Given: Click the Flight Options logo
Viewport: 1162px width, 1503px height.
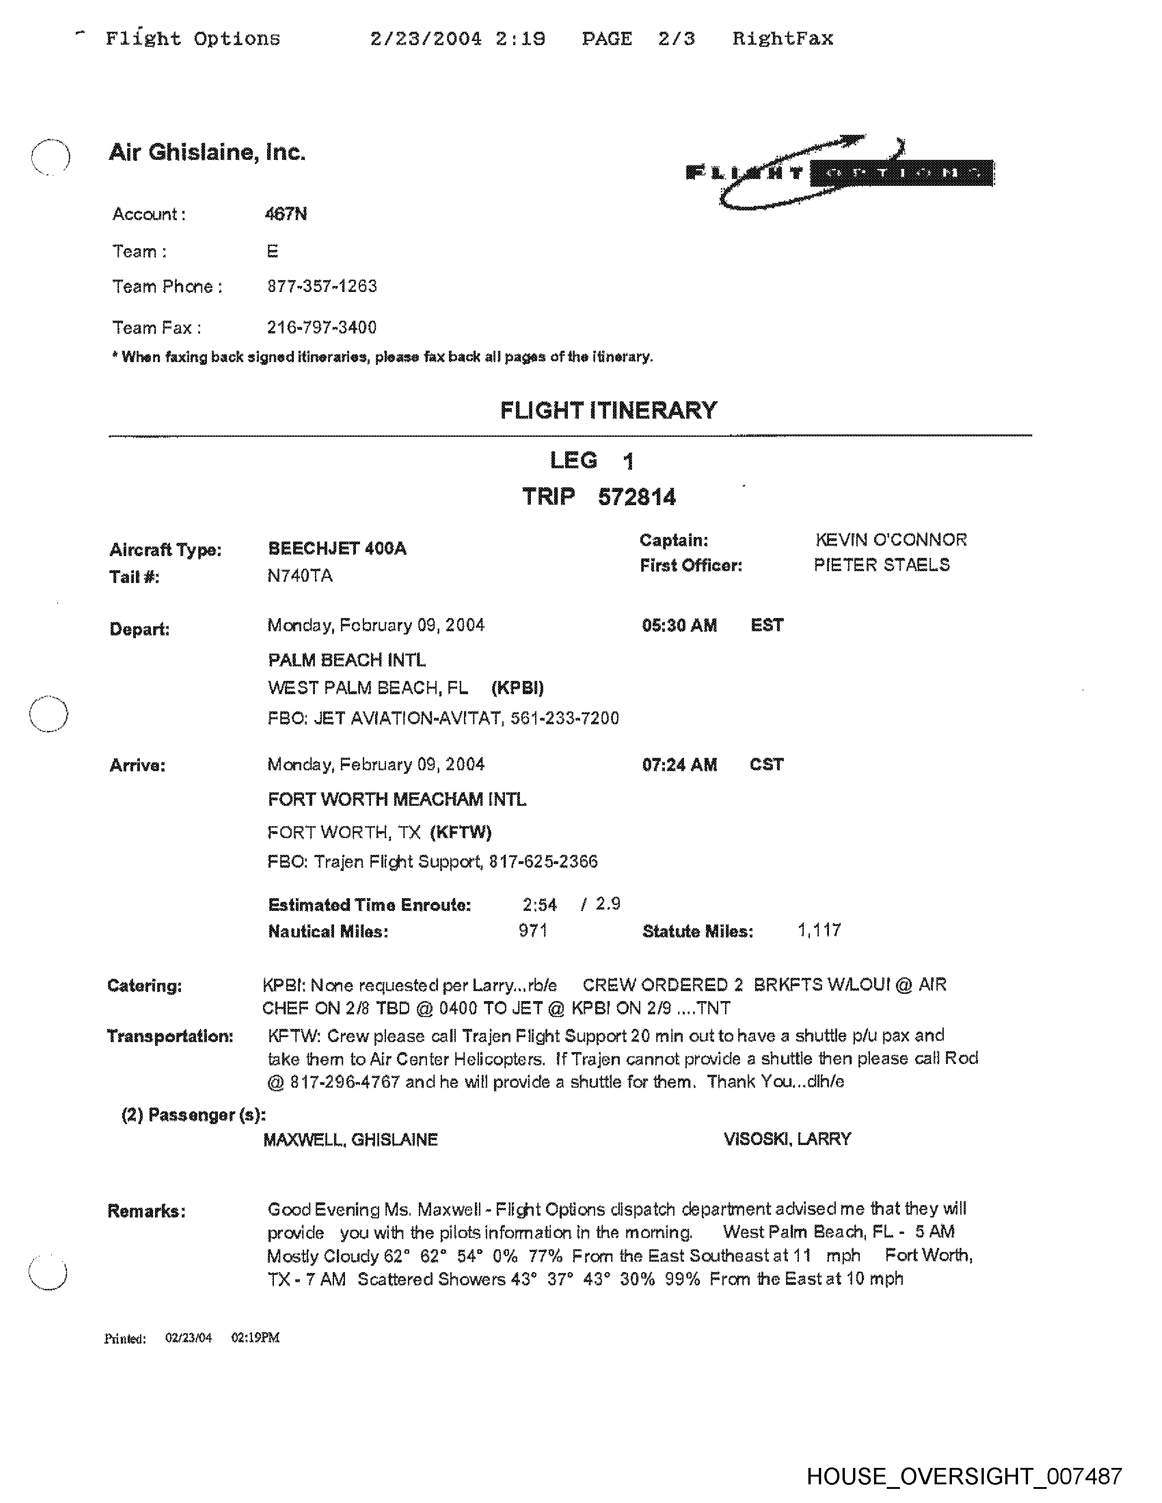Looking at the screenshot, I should (x=840, y=172).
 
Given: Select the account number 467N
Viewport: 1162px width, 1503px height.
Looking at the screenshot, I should (x=286, y=214).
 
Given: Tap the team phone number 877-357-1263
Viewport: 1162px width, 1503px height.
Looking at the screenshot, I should (x=321, y=286).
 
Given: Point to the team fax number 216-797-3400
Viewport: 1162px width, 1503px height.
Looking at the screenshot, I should (x=321, y=327).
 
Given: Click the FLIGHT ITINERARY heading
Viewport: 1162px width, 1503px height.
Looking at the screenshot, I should (x=608, y=411).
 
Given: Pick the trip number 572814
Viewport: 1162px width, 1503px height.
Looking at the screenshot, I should (x=637, y=497).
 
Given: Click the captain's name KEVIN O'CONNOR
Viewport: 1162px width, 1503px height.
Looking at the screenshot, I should (x=891, y=540).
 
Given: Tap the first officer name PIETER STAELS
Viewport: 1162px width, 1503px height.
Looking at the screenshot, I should (x=881, y=565).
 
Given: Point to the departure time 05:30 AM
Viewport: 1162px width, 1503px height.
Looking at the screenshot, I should (x=679, y=625).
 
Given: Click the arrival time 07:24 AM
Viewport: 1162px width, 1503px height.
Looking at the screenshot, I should (x=679, y=765).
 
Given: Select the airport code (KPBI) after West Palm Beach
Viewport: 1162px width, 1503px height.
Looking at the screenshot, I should (x=517, y=687).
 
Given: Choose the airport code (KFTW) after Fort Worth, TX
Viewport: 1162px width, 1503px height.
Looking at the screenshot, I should (x=461, y=833).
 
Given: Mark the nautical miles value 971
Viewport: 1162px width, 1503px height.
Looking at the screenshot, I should (x=533, y=931).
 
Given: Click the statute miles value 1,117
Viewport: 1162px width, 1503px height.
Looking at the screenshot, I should (x=819, y=930).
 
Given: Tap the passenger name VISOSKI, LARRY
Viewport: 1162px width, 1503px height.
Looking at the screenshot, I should (x=787, y=1139).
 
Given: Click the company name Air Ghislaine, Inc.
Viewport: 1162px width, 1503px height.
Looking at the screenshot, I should (x=206, y=152).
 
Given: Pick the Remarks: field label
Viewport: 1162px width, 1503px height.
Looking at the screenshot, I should (x=146, y=1211).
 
